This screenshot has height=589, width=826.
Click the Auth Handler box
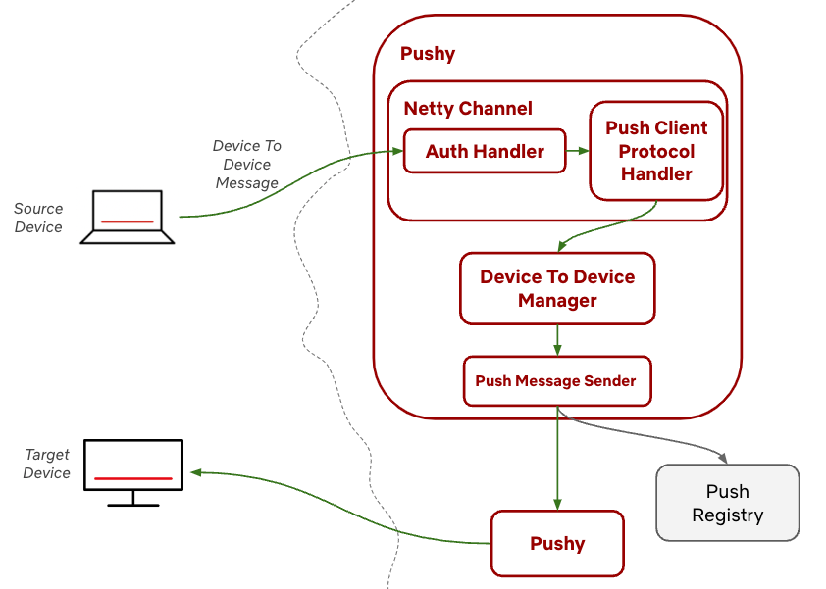[x=485, y=151]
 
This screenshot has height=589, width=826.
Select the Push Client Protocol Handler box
[x=656, y=151]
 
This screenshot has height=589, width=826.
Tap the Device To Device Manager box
[x=557, y=288]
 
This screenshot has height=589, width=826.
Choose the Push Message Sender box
[x=557, y=381]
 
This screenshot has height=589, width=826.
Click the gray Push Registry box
[x=728, y=503]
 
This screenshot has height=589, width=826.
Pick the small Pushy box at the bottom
[x=557, y=543]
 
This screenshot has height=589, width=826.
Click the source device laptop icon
[x=127, y=217]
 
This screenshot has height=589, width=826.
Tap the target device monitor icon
[x=133, y=472]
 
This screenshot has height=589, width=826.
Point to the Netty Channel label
[x=468, y=109]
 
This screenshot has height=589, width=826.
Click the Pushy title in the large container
[x=428, y=54]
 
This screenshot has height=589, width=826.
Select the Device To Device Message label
[x=246, y=165]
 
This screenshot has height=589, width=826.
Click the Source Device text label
[x=38, y=218]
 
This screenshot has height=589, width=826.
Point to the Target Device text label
[x=46, y=464]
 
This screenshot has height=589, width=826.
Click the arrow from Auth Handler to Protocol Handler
[x=578, y=151]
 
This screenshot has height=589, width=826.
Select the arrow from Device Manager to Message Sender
[x=557, y=340]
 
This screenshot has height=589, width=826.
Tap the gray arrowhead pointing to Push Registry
[x=723, y=458]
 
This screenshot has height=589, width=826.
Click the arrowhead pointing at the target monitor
[x=196, y=472]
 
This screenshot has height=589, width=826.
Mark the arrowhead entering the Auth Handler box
[x=397, y=152]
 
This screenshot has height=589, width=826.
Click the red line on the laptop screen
[x=127, y=221]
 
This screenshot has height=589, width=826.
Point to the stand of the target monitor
[x=133, y=499]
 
